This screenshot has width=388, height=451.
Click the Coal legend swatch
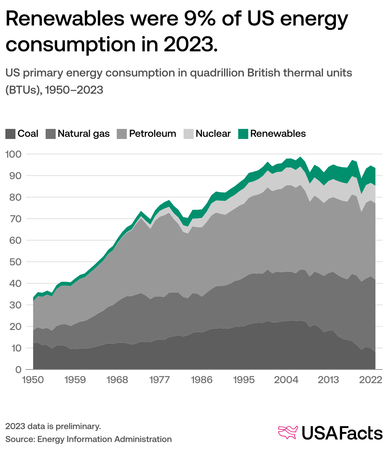coord(10,134)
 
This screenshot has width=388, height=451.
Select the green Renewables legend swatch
coord(243,134)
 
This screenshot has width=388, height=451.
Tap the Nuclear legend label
coord(213,134)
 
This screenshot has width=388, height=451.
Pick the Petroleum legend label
coord(152,134)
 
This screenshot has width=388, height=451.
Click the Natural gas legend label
coord(84,134)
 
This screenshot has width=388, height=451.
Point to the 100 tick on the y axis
coord(14,154)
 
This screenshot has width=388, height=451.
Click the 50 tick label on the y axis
coord(15,262)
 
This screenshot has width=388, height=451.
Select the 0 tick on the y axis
coord(19,370)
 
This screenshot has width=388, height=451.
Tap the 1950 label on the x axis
coord(33,380)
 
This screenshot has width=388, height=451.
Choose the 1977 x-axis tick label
coord(160,380)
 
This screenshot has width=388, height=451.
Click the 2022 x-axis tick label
coord(370,380)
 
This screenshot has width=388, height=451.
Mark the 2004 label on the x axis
coord(286,380)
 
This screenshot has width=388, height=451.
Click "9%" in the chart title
coord(199,19)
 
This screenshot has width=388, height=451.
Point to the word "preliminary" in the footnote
coord(78,426)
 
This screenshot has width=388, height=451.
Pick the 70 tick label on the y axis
coord(15,219)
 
